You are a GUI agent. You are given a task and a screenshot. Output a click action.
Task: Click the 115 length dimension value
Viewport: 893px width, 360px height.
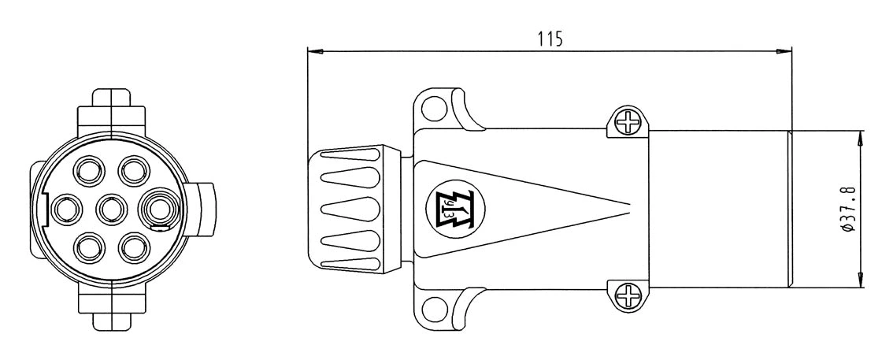coord(550,39)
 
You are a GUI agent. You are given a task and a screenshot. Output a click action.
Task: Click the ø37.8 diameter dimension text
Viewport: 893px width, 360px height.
coord(848,209)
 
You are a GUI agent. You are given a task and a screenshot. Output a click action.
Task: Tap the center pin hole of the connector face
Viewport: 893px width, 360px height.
coord(112,209)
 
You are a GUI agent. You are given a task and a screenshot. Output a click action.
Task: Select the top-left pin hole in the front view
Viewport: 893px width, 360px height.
coord(90,171)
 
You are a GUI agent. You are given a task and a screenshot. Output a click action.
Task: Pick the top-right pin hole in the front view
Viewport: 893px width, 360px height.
coord(134,171)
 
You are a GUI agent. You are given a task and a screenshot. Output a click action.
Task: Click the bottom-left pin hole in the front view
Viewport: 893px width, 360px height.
coord(90,248)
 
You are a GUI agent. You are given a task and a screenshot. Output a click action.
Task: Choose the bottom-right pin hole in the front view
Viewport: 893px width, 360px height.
coord(134,248)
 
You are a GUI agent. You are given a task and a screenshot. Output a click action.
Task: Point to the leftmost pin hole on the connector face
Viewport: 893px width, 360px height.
coord(67,209)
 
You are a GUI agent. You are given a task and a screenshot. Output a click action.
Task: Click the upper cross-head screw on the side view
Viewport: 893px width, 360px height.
coord(628,121)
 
